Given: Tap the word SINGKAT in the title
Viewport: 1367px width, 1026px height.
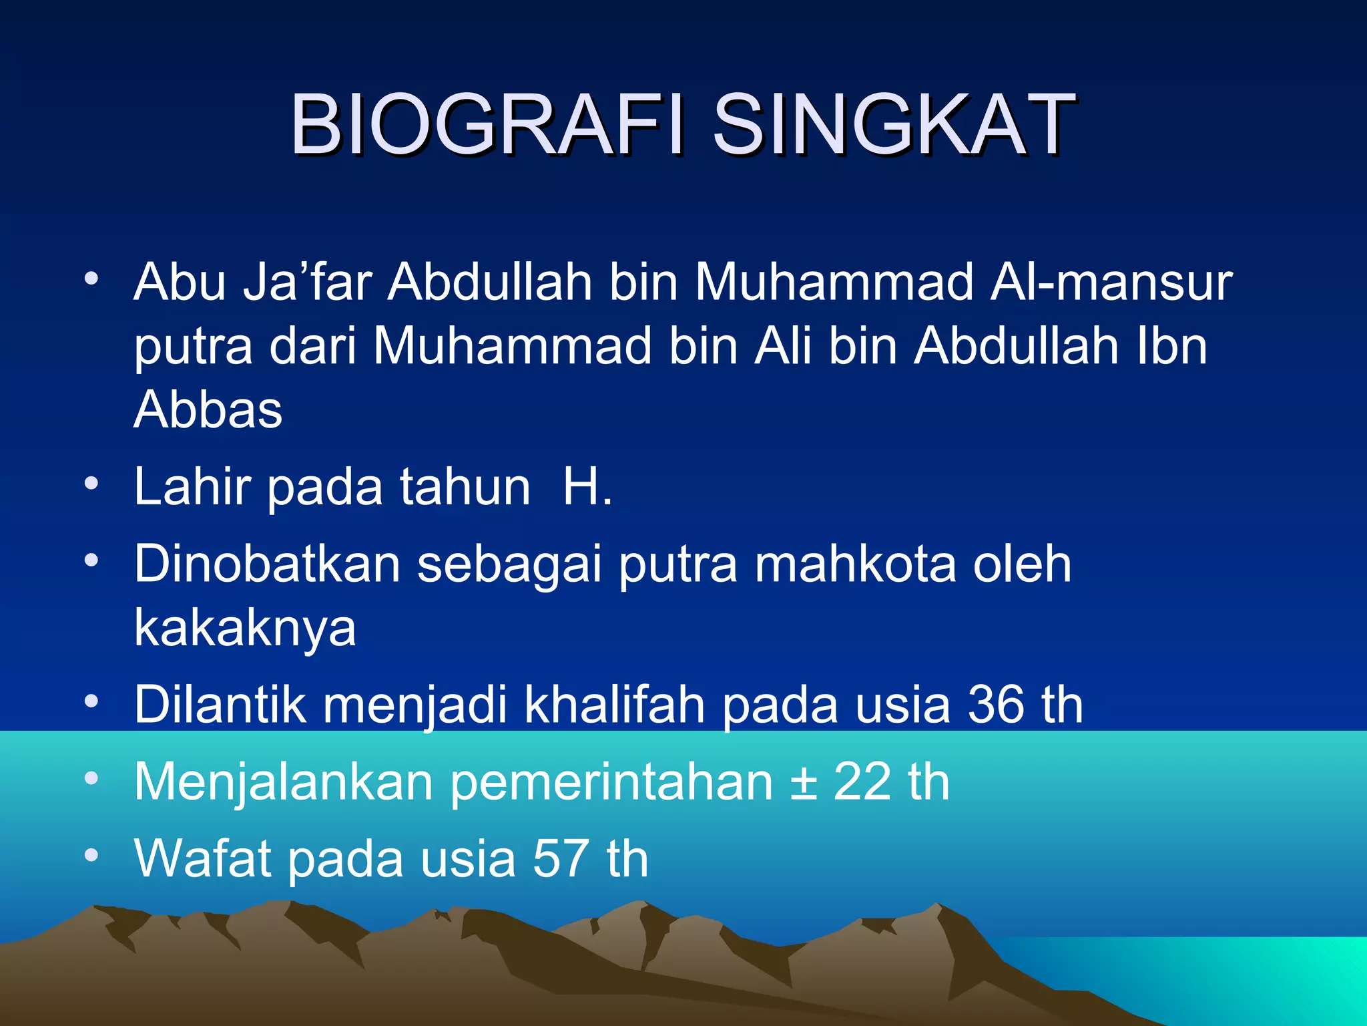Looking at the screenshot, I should point(894,125).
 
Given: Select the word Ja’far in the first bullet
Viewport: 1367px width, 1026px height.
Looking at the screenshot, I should point(307,282).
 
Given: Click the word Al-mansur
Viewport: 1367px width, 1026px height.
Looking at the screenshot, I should point(1111,282).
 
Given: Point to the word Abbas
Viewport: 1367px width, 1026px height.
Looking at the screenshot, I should point(208,409).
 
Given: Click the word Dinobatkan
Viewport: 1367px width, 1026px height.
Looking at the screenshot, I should point(267,564).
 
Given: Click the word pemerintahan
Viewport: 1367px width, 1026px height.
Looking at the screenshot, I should point(611,782).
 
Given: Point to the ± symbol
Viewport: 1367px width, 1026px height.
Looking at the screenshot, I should point(804,782).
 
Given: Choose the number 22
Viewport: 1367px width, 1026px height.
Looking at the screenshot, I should point(862,782).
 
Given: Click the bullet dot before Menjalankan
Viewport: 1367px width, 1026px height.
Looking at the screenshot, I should point(92,778).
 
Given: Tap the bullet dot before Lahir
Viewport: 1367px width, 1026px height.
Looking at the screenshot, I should point(92,482).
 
